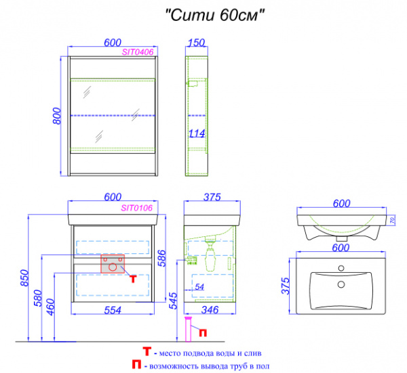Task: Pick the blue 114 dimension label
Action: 197,133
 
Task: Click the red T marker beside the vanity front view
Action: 134,278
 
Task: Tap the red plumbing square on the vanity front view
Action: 112,263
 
